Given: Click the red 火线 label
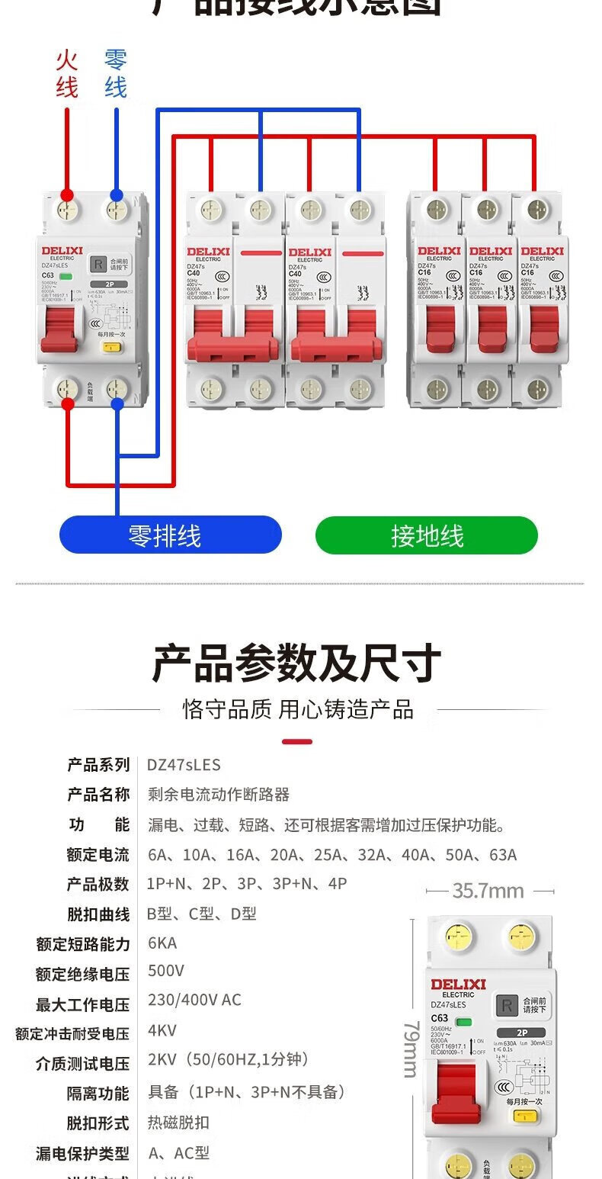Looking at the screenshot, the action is [x=66, y=73].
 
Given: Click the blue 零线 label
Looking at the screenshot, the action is [x=116, y=73].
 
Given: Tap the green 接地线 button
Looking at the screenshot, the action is [x=427, y=535].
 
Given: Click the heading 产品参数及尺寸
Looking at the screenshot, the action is [x=296, y=663].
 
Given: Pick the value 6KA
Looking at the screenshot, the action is [x=162, y=943].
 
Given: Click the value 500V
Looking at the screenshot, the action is [x=166, y=971].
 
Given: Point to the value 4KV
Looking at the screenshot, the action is [x=162, y=1030].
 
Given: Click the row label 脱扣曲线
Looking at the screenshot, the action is [x=98, y=914].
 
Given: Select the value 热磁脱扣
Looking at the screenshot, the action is [x=178, y=1123].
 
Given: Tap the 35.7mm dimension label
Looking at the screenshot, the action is [x=488, y=891].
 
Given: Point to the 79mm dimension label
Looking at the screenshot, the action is [x=411, y=1049].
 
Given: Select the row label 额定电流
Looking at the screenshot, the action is [x=98, y=854].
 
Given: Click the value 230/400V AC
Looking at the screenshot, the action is [x=194, y=1000].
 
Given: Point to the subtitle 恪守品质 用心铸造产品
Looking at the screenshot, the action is [x=298, y=710].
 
